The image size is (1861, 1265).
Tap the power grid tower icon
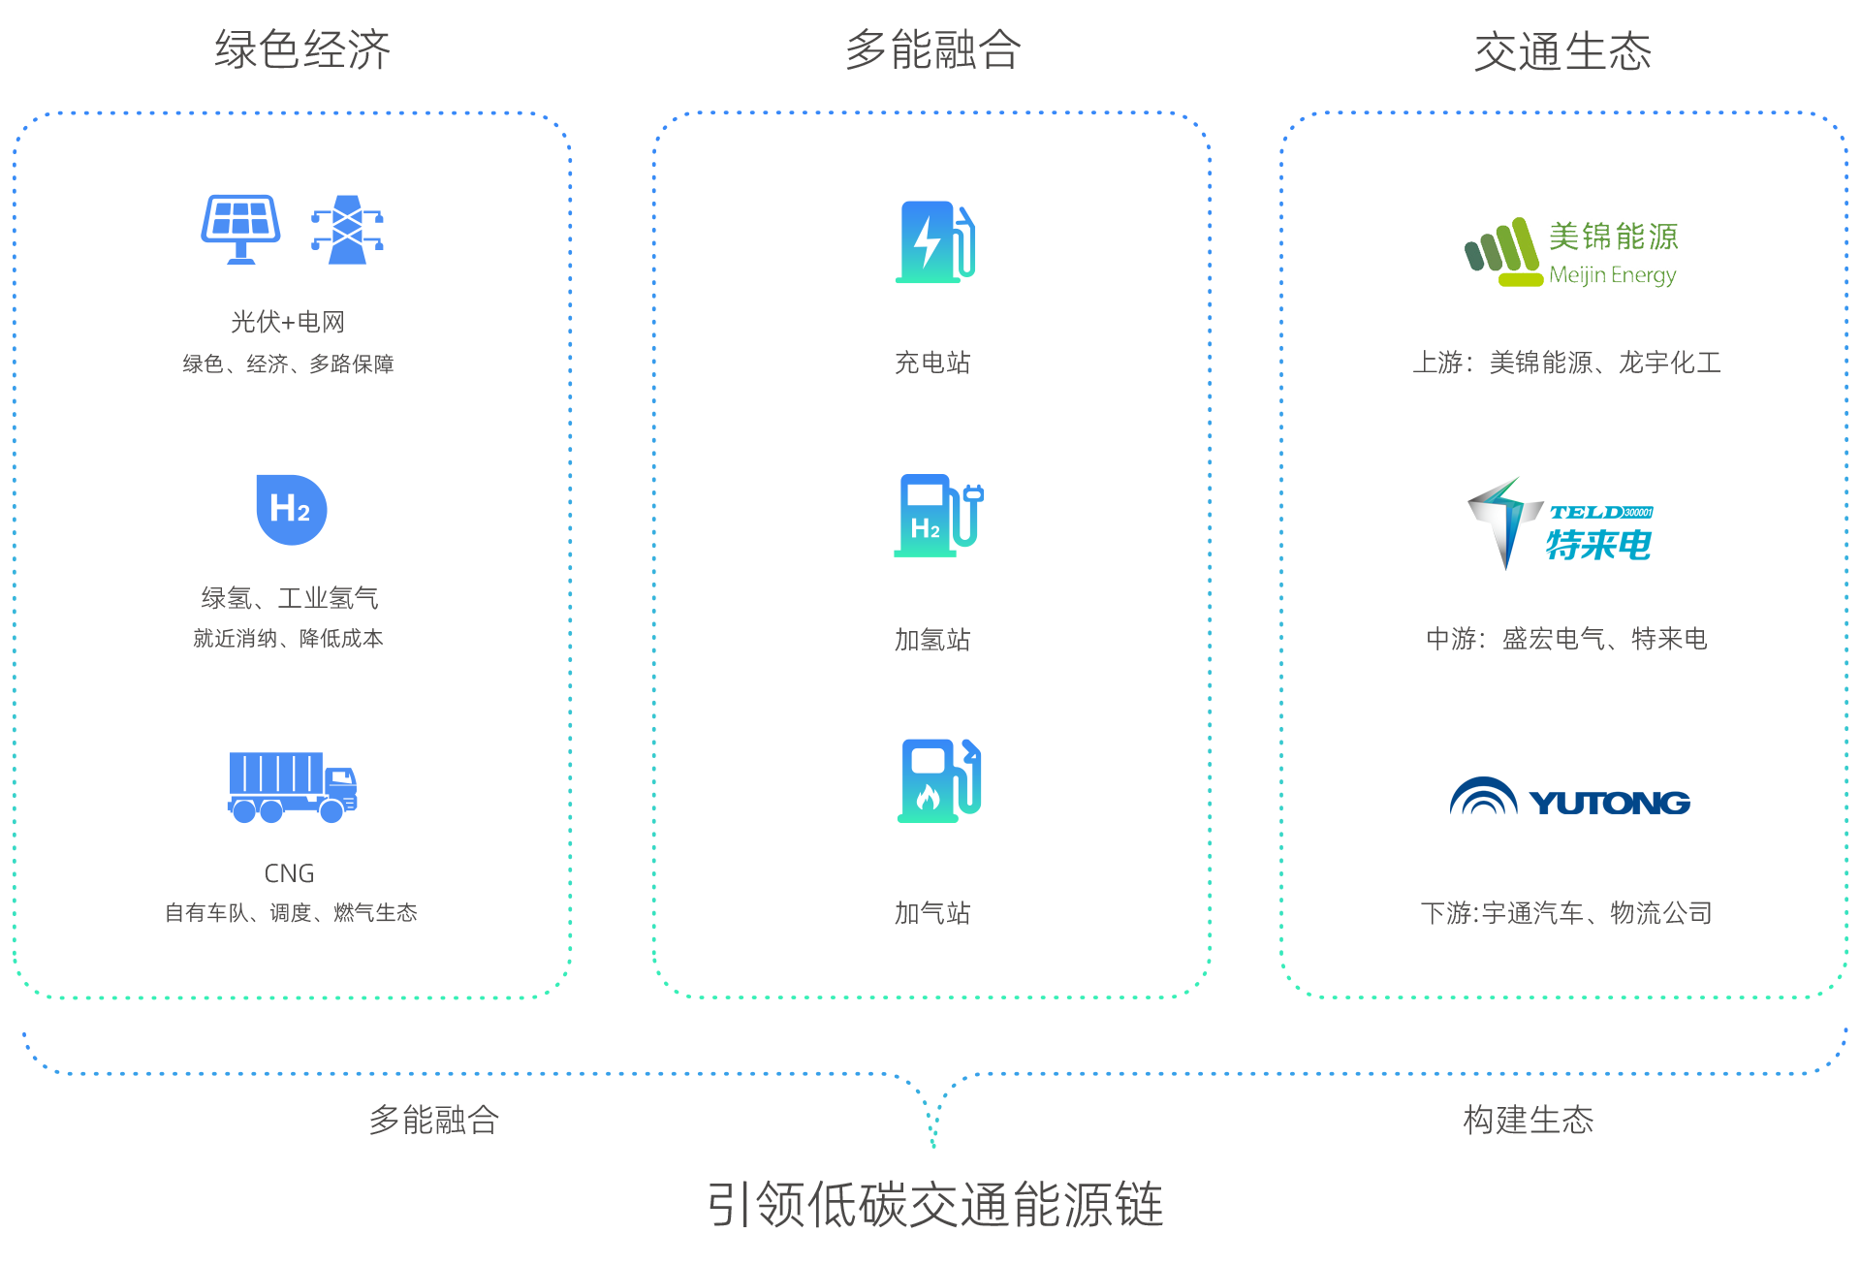[x=347, y=230]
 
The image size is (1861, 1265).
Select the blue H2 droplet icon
[x=291, y=509]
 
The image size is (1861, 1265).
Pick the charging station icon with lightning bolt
[x=934, y=242]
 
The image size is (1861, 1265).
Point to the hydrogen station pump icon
[x=937, y=516]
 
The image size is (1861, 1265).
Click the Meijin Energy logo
[x=1551, y=226]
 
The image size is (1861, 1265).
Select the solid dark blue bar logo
[x=1569, y=795]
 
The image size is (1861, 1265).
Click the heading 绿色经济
[x=302, y=50]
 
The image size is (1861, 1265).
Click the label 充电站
[x=932, y=363]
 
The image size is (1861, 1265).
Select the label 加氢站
[x=932, y=640]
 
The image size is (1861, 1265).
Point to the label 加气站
[x=932, y=913]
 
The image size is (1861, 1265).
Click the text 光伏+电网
[x=288, y=322]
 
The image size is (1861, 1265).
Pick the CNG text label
[x=289, y=873]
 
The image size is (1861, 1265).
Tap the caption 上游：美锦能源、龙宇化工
[x=1566, y=363]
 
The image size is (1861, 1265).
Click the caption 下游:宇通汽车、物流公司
[x=1566, y=913]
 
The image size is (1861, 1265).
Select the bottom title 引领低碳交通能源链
[x=934, y=1204]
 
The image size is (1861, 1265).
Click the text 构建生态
[x=1529, y=1121]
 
